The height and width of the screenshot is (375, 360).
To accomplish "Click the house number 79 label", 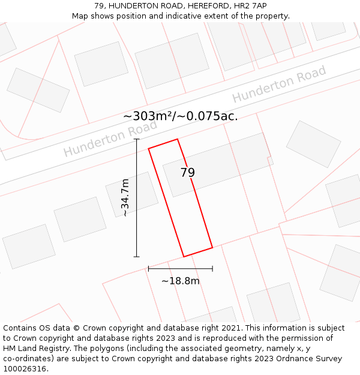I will click(188, 173).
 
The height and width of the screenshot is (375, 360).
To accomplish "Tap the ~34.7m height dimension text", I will click(124, 197).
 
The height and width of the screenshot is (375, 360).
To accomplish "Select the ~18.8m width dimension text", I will click(181, 281).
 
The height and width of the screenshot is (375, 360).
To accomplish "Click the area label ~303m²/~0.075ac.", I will click(180, 116).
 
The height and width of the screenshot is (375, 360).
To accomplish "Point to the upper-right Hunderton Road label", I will click(279, 84).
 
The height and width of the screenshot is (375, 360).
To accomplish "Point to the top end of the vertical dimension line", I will click(137, 139).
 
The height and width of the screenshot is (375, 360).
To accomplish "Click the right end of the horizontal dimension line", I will click(212, 269).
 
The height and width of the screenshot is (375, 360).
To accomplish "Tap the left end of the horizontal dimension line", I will click(148, 269).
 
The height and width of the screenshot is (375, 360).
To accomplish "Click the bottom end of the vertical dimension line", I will click(137, 257).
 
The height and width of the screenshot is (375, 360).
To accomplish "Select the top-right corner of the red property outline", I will click(177, 139).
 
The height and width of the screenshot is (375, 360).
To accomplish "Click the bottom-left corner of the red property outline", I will click(184, 257).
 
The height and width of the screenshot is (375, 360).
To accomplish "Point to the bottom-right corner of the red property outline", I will click(212, 247).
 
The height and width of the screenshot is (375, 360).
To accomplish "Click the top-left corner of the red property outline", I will click(149, 148).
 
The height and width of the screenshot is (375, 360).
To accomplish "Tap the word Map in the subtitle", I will click(80, 16).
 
